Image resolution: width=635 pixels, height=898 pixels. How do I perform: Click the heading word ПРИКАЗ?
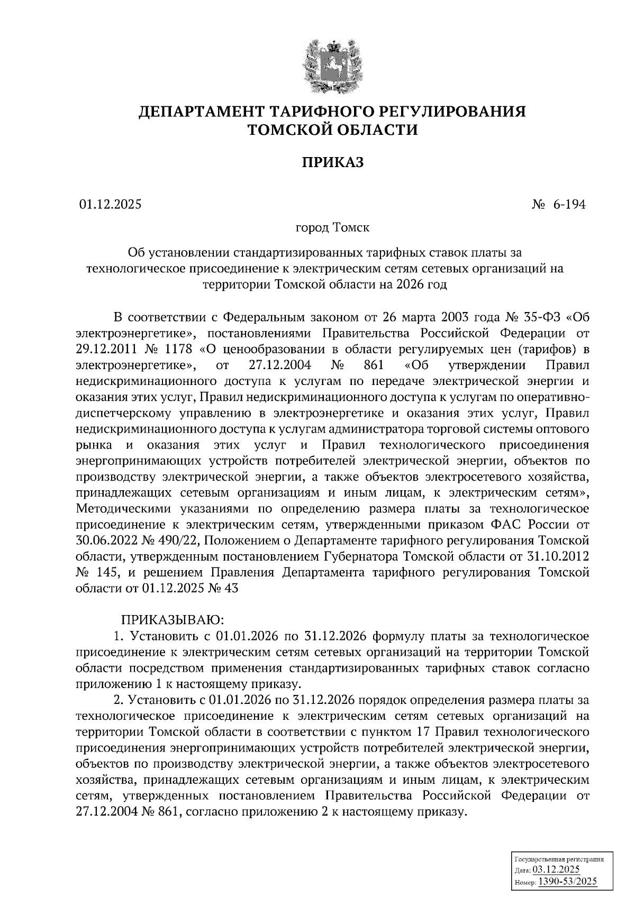point(333,162)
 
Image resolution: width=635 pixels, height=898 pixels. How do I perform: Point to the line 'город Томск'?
point(332,228)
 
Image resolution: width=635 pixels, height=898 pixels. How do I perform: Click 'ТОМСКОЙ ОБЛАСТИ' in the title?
point(333,129)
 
